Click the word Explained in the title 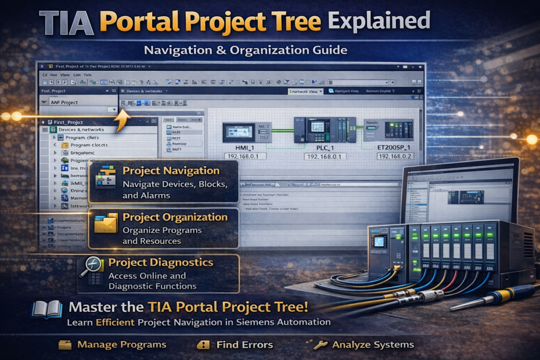379,22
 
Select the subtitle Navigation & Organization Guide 246,50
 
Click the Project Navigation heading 171,171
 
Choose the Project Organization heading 175,217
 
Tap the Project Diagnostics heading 161,262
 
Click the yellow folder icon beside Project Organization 106,224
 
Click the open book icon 47,309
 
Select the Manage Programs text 121,345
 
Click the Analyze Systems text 373,345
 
